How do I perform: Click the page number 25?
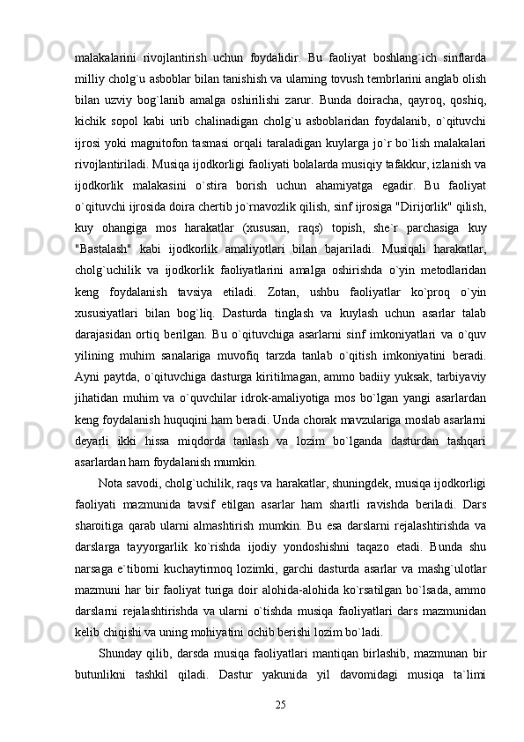point(281,702)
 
